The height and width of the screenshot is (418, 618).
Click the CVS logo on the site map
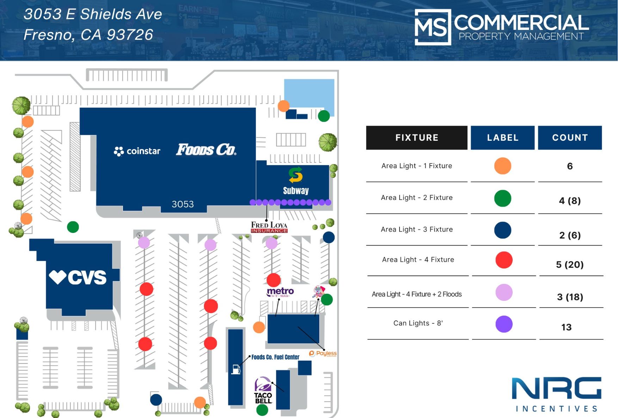pos(78,277)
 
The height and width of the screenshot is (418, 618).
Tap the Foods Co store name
pos(206,150)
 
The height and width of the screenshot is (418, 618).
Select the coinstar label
pos(137,151)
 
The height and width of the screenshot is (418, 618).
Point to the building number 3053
pos(183,204)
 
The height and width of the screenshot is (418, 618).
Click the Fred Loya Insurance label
pos(269,227)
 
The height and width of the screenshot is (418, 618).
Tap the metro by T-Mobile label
pos(280,292)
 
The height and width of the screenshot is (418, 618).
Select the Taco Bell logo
pos(263,391)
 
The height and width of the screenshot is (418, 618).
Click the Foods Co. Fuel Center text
pos(275,357)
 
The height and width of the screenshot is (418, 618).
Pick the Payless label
pos(323,353)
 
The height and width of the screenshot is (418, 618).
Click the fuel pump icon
pos(236,369)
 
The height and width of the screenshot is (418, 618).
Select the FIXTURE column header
pos(417,138)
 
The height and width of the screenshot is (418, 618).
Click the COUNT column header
pos(570,138)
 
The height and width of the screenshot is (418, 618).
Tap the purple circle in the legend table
pos(504,324)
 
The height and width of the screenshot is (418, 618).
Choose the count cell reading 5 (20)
pos(570,265)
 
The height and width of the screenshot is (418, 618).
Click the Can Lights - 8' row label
pos(418,323)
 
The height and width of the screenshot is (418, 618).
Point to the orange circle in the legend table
pos(502,166)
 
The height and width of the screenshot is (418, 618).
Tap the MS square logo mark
pos(433,27)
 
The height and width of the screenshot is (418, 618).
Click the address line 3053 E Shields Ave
pos(93,14)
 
